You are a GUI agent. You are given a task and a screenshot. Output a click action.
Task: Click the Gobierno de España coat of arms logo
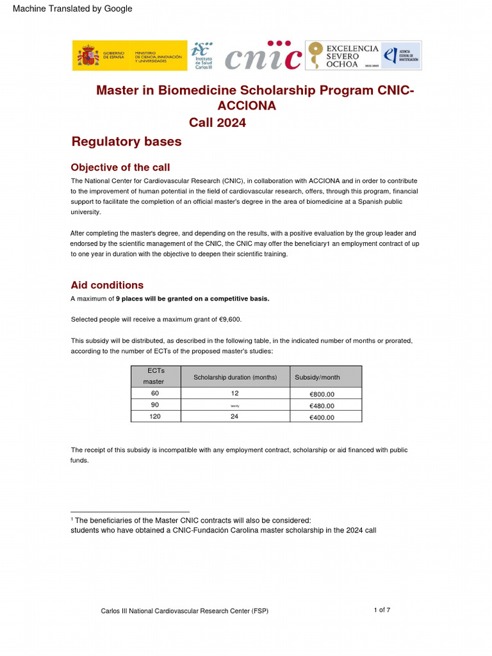(87, 56)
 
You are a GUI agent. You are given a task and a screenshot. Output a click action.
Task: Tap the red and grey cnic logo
(263, 56)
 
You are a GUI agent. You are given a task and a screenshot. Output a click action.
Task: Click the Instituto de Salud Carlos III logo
(204, 56)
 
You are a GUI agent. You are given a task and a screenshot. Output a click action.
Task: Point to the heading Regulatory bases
(126, 142)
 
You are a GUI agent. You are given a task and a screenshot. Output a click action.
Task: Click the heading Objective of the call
(120, 167)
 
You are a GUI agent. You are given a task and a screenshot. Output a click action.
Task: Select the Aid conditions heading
(107, 285)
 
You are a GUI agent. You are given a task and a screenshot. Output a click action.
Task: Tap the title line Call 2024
(217, 122)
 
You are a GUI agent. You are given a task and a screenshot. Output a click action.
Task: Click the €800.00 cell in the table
(322, 394)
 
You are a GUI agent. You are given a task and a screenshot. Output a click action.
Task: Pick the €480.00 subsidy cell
(322, 406)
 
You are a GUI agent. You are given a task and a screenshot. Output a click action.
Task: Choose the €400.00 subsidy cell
(322, 417)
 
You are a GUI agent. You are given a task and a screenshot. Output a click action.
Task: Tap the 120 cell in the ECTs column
(155, 416)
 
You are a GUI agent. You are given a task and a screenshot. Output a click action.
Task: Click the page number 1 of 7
(382, 610)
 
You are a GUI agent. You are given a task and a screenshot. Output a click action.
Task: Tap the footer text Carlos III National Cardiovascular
(184, 611)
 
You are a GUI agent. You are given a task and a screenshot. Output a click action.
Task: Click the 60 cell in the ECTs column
(155, 393)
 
